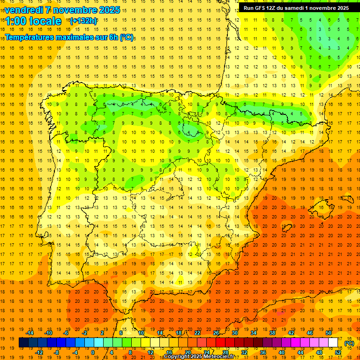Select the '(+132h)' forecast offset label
(x=83, y=21)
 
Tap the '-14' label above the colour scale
(x=30, y=333)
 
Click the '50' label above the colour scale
(x=329, y=333)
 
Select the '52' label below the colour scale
(x=338, y=352)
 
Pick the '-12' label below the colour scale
(x=39, y=352)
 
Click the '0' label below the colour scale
(x=93, y=352)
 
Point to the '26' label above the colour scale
(x=217, y=333)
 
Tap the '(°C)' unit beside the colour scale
(x=349, y=343)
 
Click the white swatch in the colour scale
(x=333, y=343)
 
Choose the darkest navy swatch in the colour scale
(x=23, y=343)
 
